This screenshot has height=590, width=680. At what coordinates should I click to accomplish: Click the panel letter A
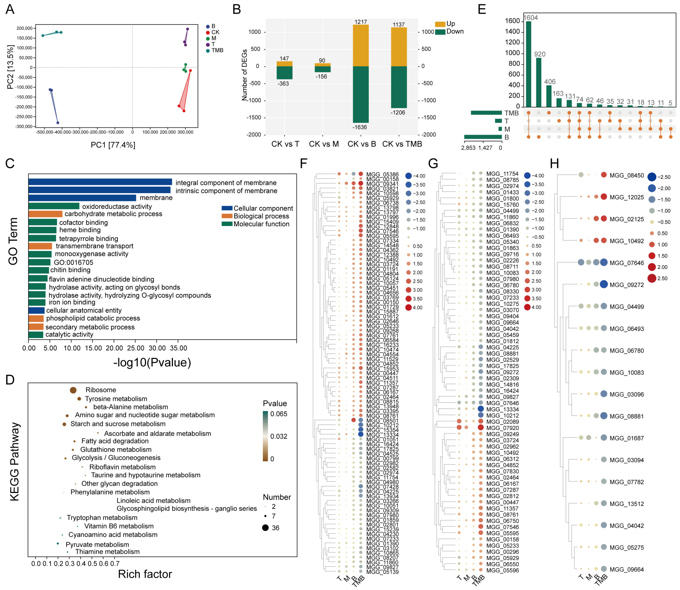coord(10,9)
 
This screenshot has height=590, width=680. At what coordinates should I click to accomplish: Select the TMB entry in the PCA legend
coord(217,50)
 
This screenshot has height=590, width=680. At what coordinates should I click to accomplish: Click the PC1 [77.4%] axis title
coord(113,145)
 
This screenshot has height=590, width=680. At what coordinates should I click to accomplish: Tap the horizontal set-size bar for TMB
coord(486,113)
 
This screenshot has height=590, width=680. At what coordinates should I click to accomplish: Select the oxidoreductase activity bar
coord(54,206)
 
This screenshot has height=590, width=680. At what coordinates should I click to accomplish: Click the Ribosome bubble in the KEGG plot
coord(73,390)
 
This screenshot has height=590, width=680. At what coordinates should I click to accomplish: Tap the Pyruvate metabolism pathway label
coord(97,545)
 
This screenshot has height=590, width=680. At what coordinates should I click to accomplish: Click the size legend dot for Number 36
coord(265,528)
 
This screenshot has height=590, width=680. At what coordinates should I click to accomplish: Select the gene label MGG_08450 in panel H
coord(626,176)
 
